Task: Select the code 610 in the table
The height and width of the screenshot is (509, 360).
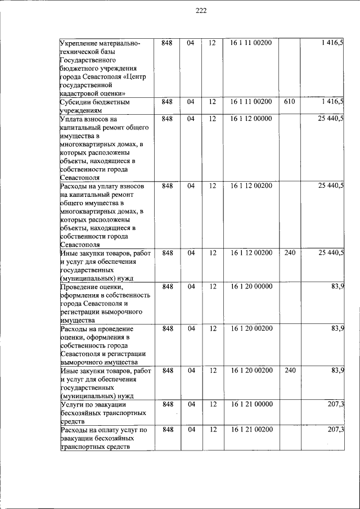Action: click(290, 102)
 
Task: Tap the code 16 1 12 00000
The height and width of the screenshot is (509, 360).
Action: click(251, 119)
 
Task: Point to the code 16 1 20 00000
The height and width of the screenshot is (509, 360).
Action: click(251, 286)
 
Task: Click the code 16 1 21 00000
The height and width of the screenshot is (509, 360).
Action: click(251, 404)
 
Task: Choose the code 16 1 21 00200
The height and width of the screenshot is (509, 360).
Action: click(251, 430)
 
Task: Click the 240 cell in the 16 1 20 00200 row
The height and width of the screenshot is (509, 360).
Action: click(290, 371)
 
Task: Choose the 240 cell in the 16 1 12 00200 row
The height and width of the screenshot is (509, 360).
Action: click(290, 253)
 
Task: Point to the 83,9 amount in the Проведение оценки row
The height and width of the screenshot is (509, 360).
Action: click(337, 286)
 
